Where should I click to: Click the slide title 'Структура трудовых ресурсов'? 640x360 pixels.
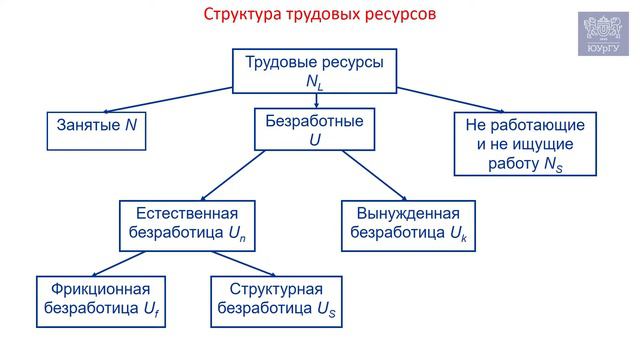(320, 16)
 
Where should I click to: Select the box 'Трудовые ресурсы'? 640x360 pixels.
(315, 70)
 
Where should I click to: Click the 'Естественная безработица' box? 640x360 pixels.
(187, 224)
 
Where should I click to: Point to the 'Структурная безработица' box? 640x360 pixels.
(275, 300)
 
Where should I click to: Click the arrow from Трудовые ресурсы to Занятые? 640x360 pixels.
(170, 97)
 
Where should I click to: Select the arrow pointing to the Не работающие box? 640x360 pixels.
(450, 97)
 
